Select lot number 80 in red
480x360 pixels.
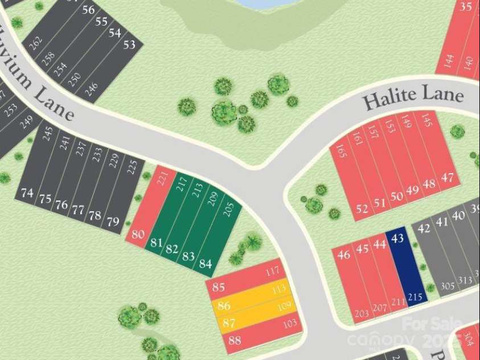click(138, 234)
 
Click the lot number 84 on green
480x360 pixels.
click(206, 264)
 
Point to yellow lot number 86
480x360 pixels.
click(224, 306)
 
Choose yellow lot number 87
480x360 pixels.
click(229, 323)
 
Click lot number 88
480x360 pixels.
click(234, 341)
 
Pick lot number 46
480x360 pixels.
click(343, 255)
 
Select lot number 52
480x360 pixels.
click(362, 209)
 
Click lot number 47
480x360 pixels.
click(448, 178)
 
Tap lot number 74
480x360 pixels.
click(27, 193)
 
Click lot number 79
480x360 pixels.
click(113, 221)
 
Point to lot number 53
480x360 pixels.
click(130, 44)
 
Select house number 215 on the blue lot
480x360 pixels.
click(416, 297)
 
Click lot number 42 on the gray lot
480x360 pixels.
click(424, 229)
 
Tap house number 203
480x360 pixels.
click(362, 314)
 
